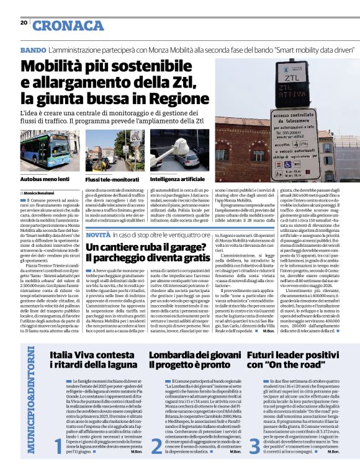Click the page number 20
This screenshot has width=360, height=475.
point(24,23)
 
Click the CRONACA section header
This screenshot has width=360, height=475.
point(68,25)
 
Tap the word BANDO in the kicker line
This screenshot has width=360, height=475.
point(33,49)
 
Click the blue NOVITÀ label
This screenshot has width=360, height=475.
point(98,236)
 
